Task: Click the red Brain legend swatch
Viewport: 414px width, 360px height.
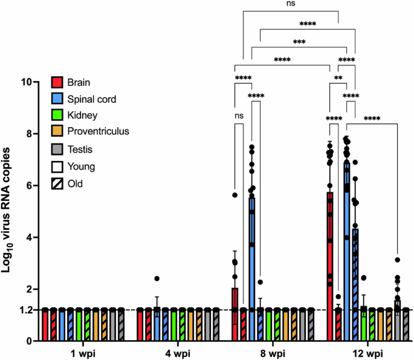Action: point(57,82)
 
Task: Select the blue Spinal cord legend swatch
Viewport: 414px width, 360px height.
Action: point(57,97)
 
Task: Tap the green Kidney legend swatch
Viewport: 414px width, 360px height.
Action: point(57,114)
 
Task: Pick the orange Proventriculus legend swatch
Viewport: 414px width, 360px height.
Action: point(57,130)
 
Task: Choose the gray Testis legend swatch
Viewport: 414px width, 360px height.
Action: point(57,148)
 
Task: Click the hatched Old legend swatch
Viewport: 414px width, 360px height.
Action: point(57,181)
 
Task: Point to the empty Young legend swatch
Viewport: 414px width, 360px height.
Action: point(57,165)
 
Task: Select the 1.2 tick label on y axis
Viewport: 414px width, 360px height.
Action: point(25,310)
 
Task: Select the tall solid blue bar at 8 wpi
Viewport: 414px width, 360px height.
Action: point(251,254)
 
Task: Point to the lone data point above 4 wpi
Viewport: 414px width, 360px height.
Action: point(157,278)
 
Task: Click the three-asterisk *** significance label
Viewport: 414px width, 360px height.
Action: point(298,42)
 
